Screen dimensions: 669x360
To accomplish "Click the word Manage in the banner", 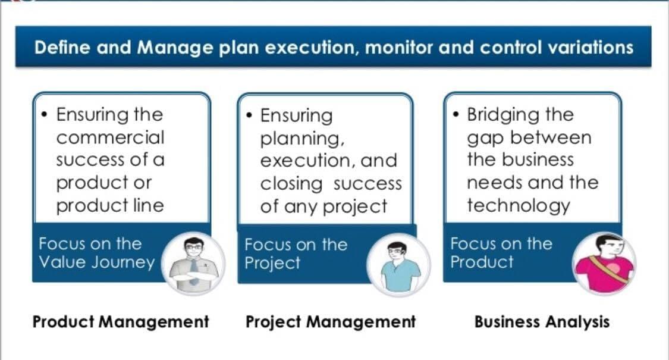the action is pos(175,48).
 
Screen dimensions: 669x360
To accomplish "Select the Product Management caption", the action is pos(121,321).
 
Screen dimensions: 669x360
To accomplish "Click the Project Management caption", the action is pos(330,321).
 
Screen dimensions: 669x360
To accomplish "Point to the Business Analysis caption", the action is pos(542,321).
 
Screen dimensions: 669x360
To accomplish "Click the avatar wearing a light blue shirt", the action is pos(398,265).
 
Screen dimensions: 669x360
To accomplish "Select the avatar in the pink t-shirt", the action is pos(604,263).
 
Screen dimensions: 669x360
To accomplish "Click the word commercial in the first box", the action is pos(110,137).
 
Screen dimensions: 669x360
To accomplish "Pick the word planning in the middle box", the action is pos(302,139).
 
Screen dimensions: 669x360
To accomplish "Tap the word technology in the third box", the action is pos(519,206).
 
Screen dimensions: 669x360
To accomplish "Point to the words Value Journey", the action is pos(96,262).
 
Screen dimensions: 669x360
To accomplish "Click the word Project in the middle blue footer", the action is pos(272,263).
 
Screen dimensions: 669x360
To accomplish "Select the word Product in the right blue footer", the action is pos(482,262).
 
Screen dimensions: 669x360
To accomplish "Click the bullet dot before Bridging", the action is pos(456,114).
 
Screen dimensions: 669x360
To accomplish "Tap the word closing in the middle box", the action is pos(291,184).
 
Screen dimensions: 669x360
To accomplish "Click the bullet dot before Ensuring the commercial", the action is pos(45,114).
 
